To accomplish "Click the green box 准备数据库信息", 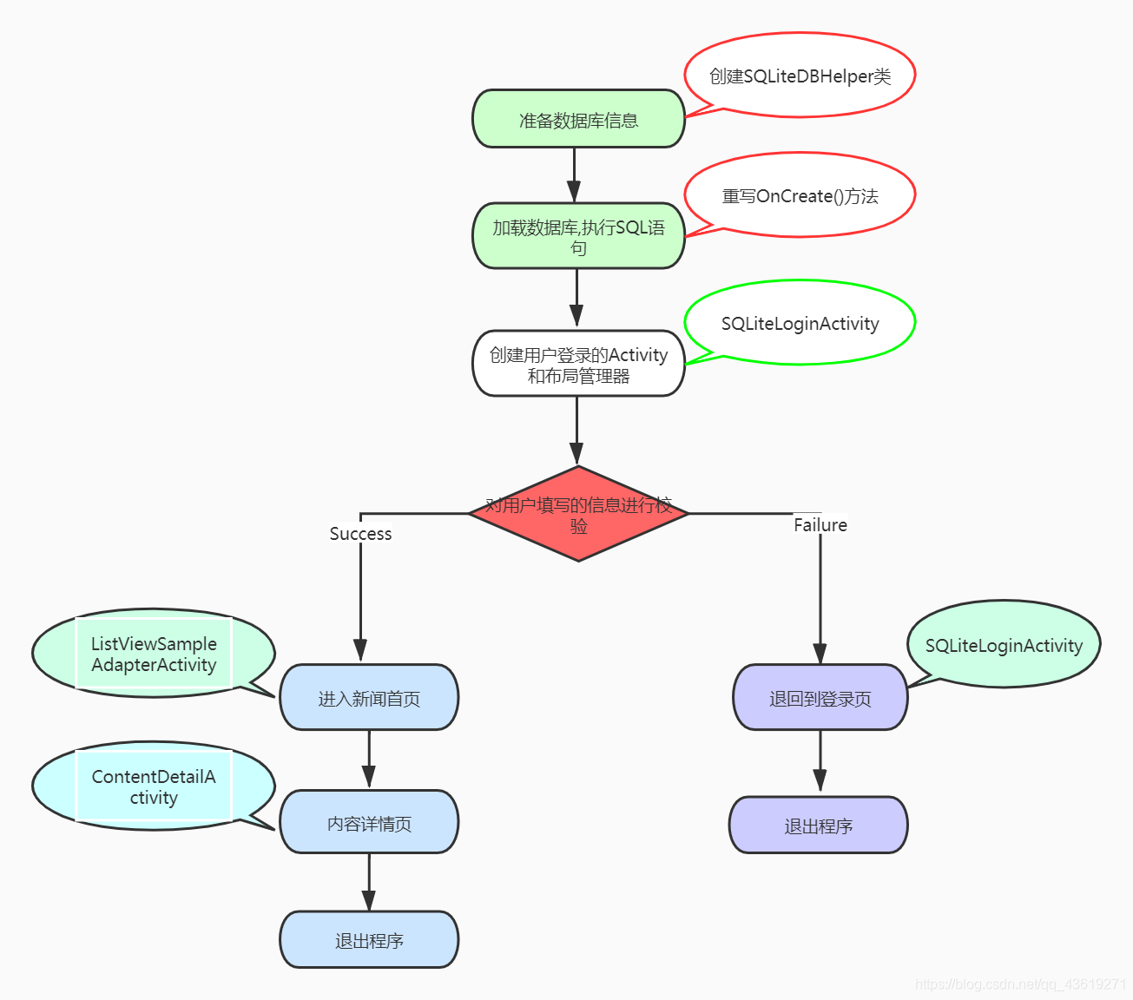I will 578,119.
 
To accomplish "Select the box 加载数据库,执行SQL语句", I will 578,236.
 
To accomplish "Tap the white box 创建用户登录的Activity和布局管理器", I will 578,364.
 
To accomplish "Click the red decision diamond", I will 578,514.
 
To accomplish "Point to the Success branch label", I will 360,534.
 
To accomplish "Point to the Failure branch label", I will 820,525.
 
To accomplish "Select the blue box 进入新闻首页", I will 369,698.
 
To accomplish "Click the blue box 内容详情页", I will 369,822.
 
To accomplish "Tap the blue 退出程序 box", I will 369,940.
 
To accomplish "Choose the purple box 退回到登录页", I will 820,698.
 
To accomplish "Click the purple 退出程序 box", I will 818,826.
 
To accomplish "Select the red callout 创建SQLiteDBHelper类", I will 800,76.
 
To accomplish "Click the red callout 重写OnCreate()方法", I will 800,195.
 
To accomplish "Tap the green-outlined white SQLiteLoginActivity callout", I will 800,323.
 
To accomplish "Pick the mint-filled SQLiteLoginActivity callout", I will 1004,645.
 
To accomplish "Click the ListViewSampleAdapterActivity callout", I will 154,654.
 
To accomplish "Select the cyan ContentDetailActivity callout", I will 154,786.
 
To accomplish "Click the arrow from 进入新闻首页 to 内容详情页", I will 369,760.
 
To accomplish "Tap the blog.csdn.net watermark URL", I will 1020,984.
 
